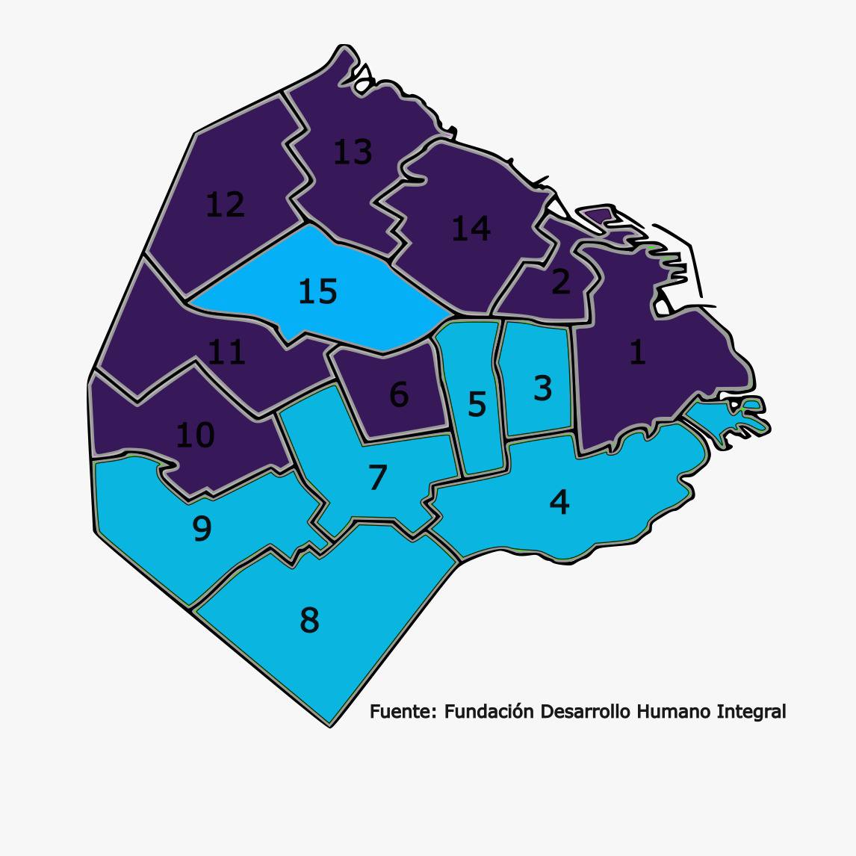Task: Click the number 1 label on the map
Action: pyautogui.click(x=637, y=352)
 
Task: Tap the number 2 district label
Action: pyautogui.click(x=560, y=282)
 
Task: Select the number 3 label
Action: pyautogui.click(x=543, y=388)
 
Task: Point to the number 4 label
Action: pyautogui.click(x=559, y=502)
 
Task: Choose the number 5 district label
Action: pyautogui.click(x=477, y=404)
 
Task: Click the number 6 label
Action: pyautogui.click(x=399, y=394)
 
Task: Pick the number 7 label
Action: pyautogui.click(x=378, y=478)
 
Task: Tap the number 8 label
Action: pyautogui.click(x=309, y=620)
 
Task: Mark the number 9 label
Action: pyautogui.click(x=202, y=529)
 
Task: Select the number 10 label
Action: pyautogui.click(x=195, y=435)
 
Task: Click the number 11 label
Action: pyautogui.click(x=226, y=352)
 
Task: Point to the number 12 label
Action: pyautogui.click(x=225, y=205)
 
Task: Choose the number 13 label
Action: pyautogui.click(x=352, y=152)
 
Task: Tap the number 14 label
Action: pyautogui.click(x=471, y=229)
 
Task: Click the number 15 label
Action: pyautogui.click(x=317, y=291)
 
